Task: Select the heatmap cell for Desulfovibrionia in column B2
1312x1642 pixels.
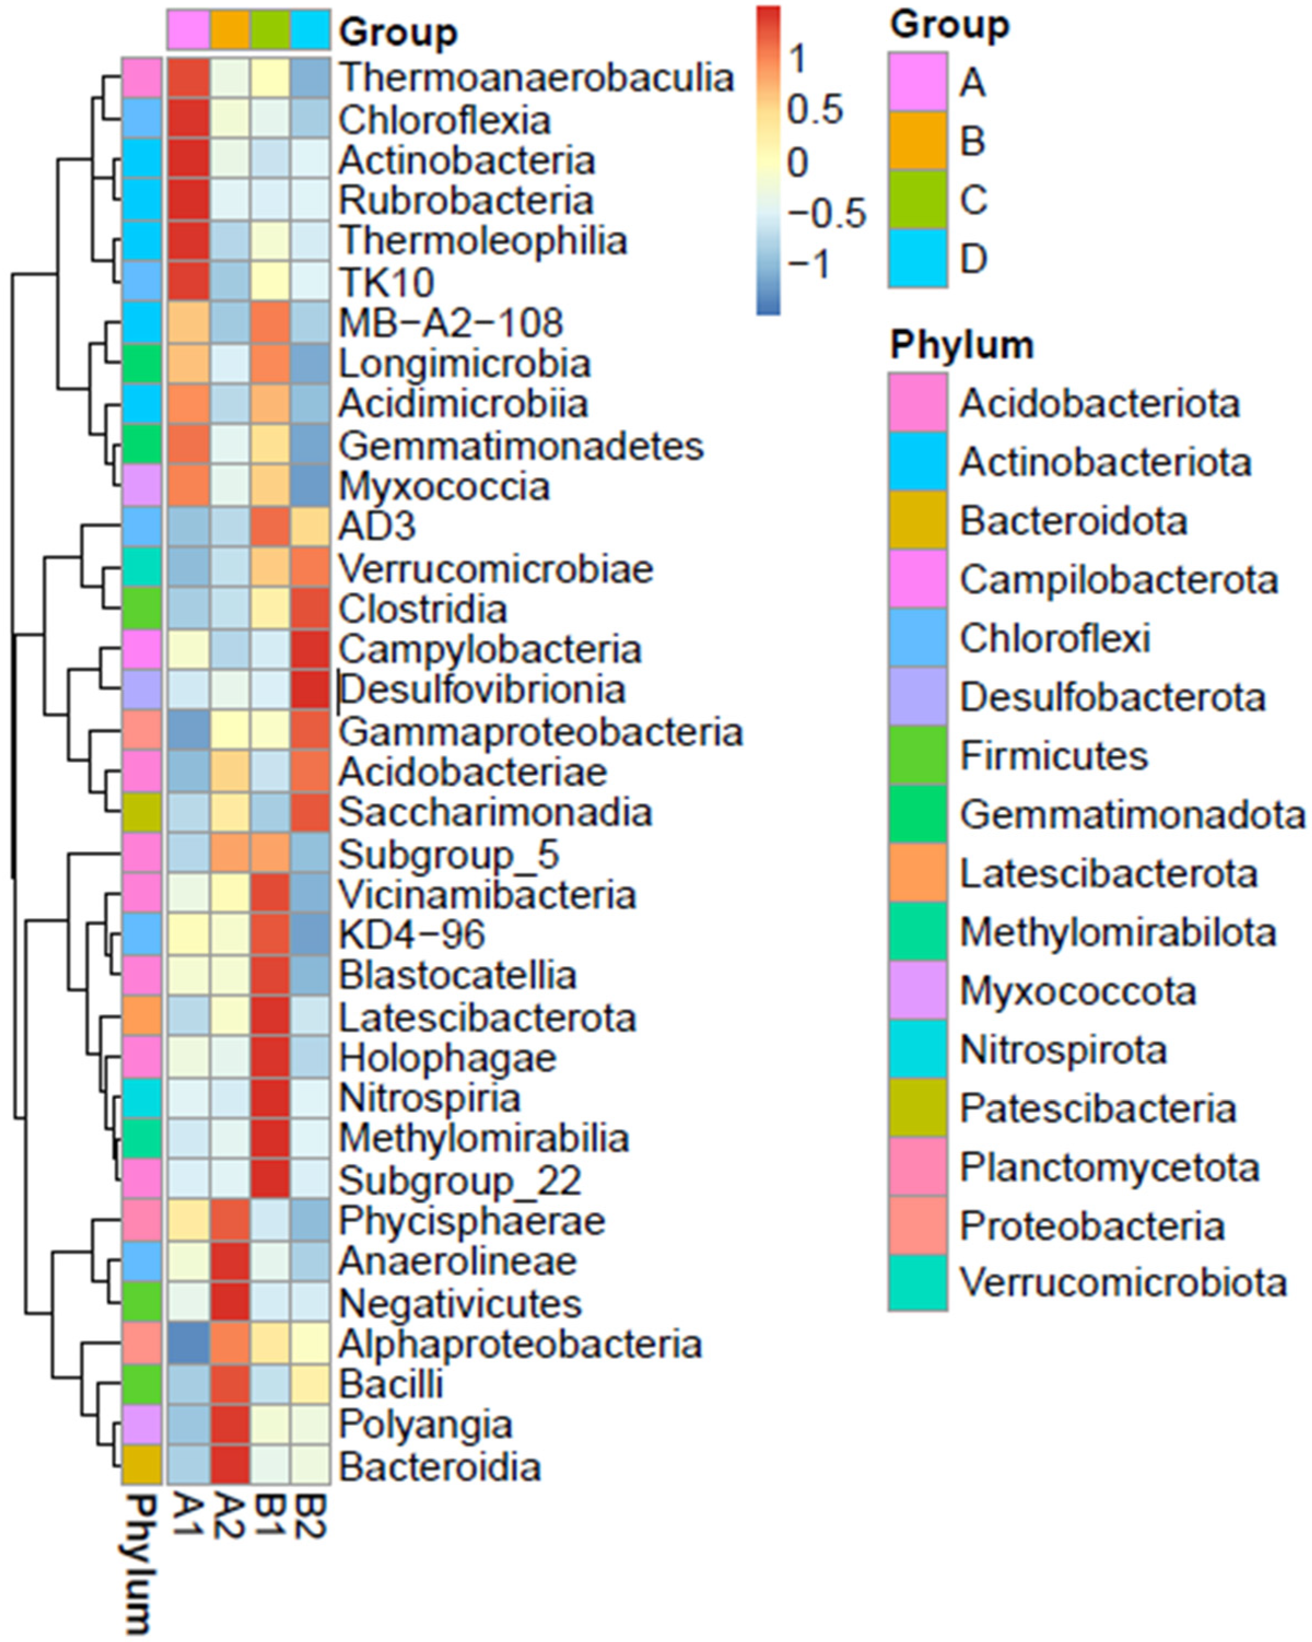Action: click(x=310, y=690)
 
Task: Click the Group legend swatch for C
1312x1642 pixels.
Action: click(x=917, y=200)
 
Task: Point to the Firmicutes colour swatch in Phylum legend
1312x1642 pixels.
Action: click(x=917, y=756)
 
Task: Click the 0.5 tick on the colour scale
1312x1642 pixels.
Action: click(x=815, y=110)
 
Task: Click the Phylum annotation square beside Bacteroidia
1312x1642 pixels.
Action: click(x=142, y=1467)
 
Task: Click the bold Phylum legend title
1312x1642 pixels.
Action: click(x=962, y=345)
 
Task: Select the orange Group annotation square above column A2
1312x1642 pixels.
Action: click(x=229, y=31)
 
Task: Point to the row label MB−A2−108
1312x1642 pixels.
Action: click(x=451, y=323)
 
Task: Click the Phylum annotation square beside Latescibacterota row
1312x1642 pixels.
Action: click(x=142, y=1018)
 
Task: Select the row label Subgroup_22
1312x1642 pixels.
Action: click(x=460, y=1181)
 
